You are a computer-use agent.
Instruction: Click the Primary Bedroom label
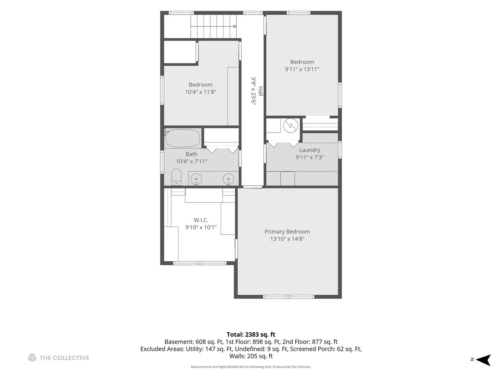287,231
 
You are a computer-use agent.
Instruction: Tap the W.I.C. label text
201,220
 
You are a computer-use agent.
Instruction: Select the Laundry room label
310,150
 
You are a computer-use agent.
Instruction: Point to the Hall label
260,91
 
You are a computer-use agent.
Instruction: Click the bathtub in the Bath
183,138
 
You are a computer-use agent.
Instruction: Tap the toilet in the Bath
176,177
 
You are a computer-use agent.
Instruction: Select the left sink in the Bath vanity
196,179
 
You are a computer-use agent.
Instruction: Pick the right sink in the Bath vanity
228,179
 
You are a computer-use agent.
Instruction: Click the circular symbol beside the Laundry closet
291,125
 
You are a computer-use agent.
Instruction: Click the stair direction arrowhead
235,26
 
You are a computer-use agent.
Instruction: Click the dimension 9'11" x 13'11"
302,69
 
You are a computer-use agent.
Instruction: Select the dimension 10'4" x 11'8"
200,92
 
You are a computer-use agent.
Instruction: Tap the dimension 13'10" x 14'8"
287,239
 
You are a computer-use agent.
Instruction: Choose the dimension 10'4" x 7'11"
191,161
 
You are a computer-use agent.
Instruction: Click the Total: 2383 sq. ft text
251,334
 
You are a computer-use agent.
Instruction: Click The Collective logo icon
32,357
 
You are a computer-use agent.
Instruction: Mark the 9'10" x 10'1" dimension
201,227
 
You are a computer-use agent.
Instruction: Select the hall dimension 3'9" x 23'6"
253,91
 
